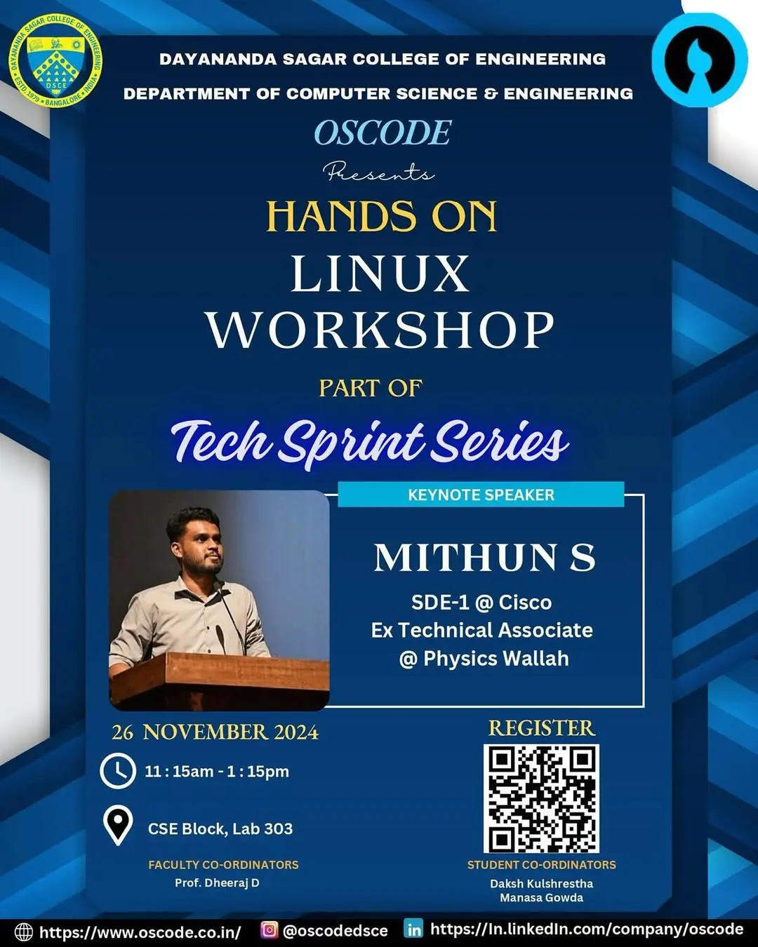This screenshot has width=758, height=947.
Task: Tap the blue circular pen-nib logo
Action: [x=699, y=60]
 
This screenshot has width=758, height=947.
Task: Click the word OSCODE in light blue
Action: [x=383, y=133]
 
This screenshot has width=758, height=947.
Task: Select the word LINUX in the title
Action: [x=380, y=274]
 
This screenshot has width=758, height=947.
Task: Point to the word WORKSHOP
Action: [x=380, y=330]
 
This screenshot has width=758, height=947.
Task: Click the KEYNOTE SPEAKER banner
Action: [x=481, y=495]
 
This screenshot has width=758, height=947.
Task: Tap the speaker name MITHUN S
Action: [x=484, y=558]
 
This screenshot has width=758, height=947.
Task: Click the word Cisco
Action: [x=525, y=603]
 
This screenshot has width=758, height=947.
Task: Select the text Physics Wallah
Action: [x=496, y=659]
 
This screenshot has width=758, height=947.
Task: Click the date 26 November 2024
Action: [x=215, y=732]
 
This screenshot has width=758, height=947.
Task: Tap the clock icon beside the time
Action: [x=117, y=771]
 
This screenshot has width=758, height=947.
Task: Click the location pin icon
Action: [x=117, y=826]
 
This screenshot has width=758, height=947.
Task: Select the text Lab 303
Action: [x=262, y=828]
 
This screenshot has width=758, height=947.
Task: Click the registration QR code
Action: [x=541, y=798]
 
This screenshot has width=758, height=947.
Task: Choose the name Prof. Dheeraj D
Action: [x=217, y=882]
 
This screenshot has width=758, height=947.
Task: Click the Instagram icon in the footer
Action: [x=269, y=930]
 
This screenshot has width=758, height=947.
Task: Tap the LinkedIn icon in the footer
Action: [x=414, y=929]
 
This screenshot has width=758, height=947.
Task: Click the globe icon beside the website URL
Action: [x=24, y=932]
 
